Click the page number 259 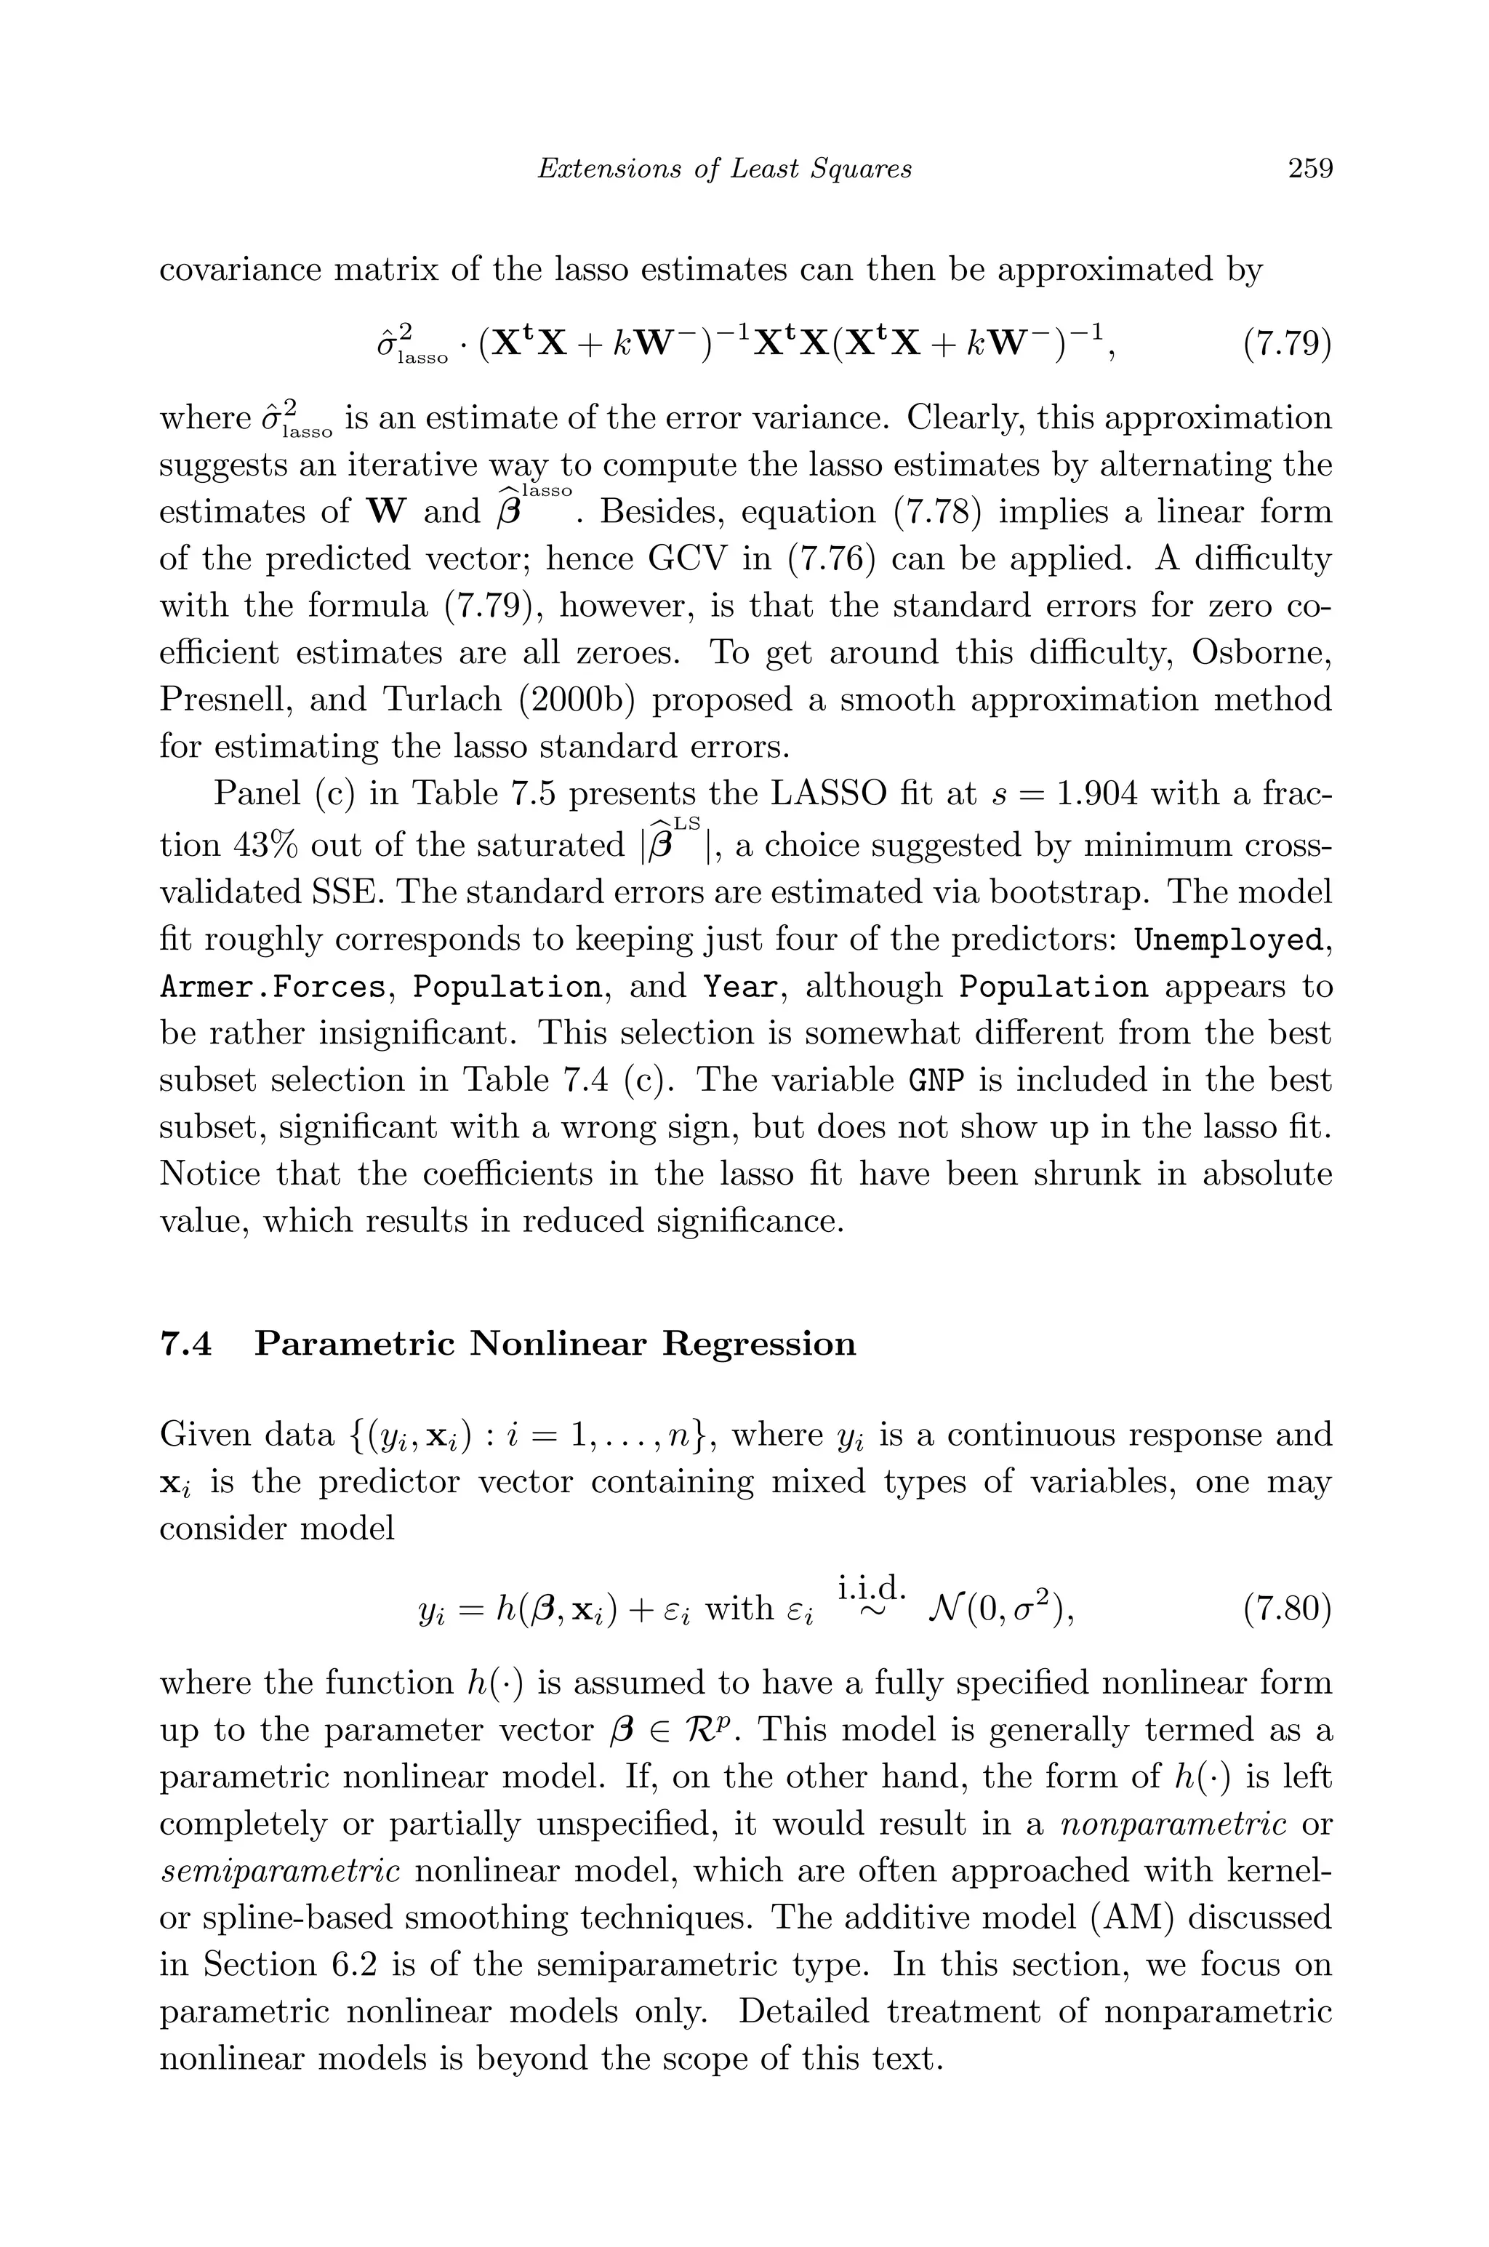coord(1310,169)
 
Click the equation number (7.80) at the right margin coord(1287,1608)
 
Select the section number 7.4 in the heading coord(186,1344)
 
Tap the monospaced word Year coord(739,988)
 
